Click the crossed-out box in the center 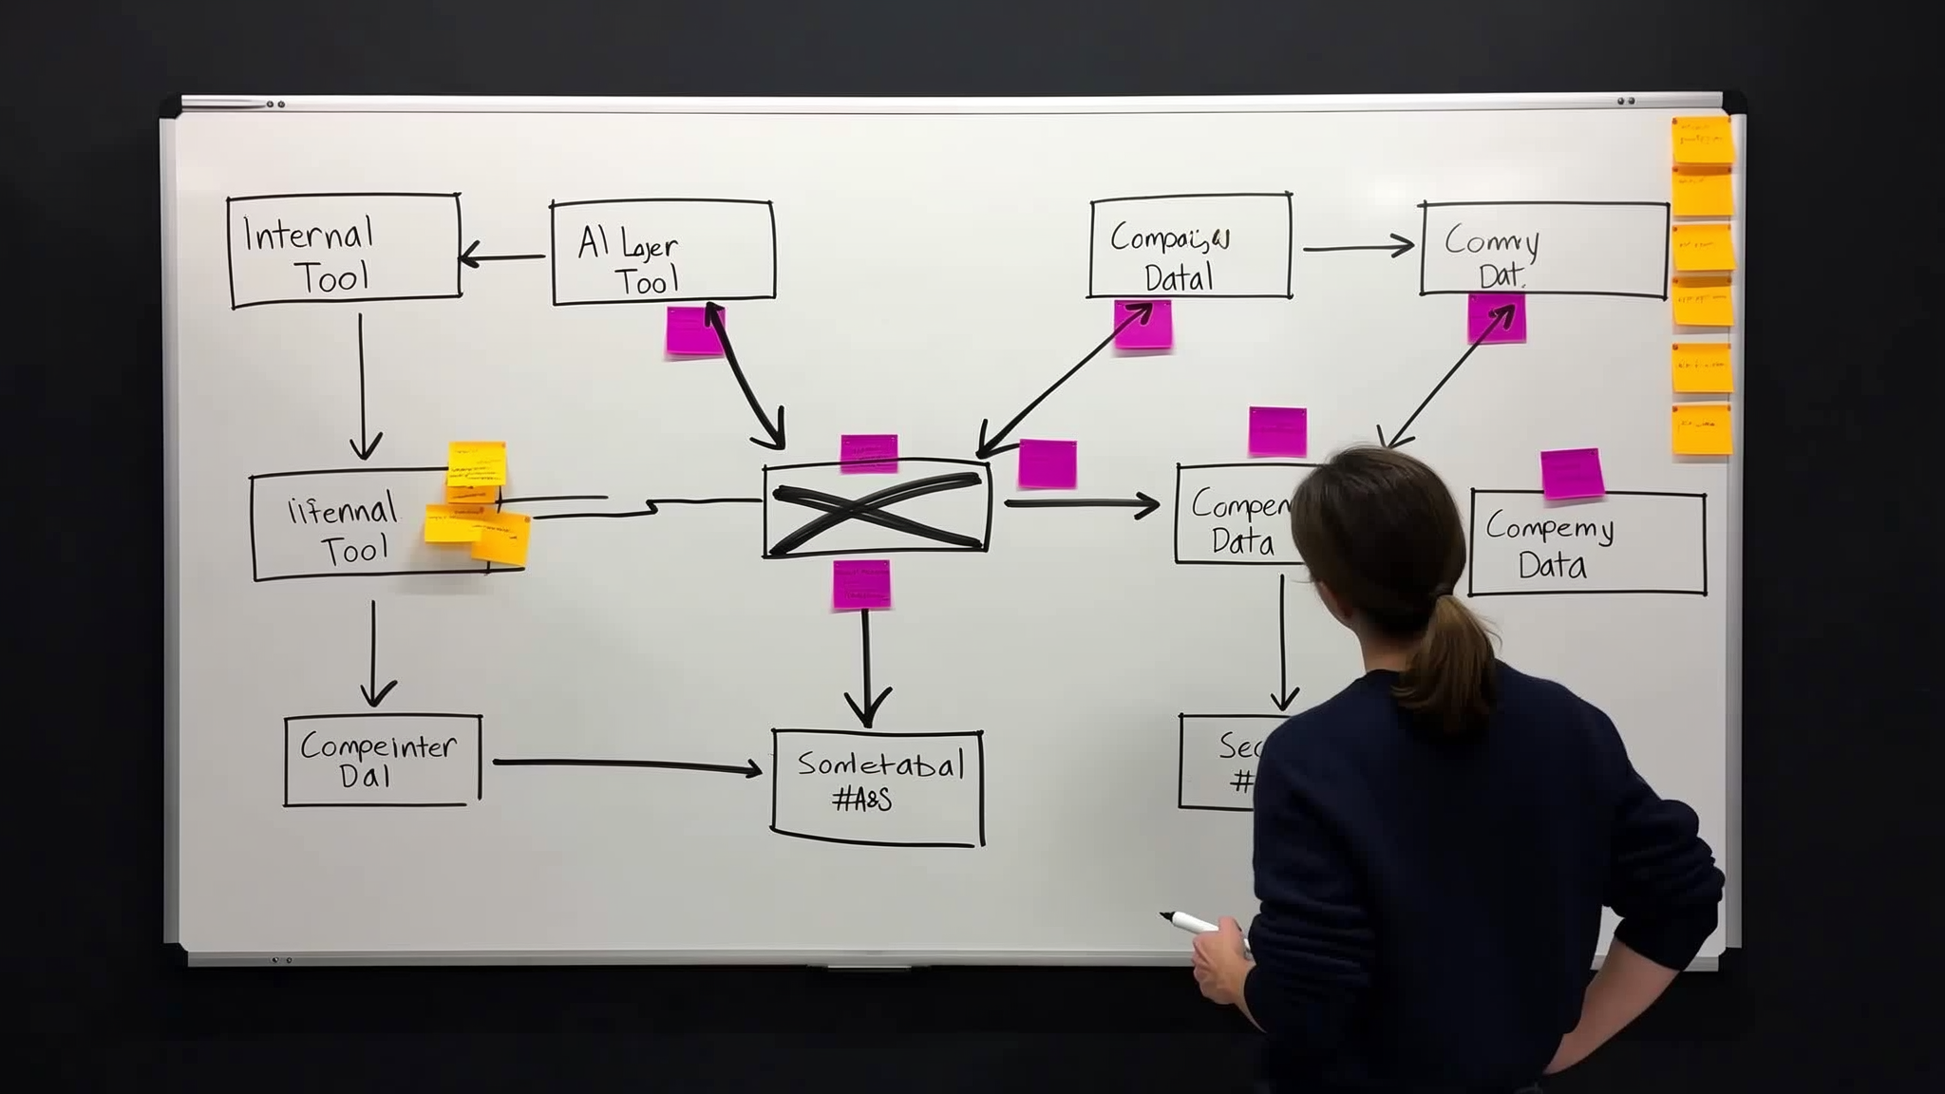[x=876, y=511]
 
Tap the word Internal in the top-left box [x=309, y=235]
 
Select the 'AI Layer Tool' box [x=663, y=253]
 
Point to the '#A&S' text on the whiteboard [x=862, y=800]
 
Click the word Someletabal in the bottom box [x=880, y=764]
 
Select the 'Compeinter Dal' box [x=382, y=761]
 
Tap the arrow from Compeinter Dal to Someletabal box [x=627, y=764]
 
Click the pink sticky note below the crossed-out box [x=861, y=584]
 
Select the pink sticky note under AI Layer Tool [x=692, y=331]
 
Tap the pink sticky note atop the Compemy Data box [x=1572, y=474]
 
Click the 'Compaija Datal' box [x=1189, y=247]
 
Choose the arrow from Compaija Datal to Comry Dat [x=1358, y=248]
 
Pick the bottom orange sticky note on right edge [x=1701, y=429]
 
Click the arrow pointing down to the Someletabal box [x=866, y=665]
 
